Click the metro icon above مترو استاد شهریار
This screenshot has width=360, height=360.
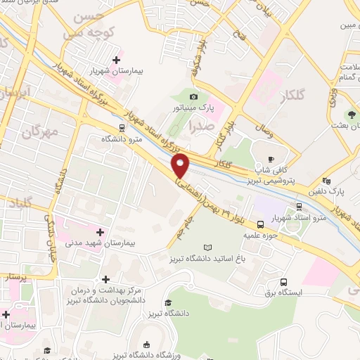[300, 206]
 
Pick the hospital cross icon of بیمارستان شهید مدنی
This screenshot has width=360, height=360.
[101, 231]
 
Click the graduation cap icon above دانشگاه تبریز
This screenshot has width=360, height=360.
[168, 303]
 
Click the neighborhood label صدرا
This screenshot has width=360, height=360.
[202, 126]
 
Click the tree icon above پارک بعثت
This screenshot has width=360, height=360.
[351, 115]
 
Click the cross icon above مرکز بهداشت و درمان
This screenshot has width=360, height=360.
[106, 279]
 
